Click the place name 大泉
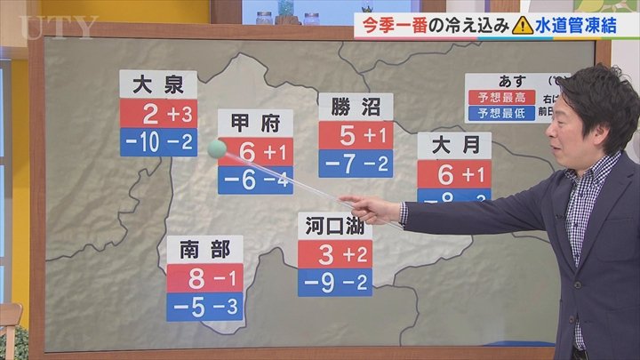157,86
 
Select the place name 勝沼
355,108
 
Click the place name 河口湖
334,226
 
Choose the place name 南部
204,249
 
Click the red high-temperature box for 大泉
157,114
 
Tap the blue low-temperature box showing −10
157,142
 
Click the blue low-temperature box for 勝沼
355,164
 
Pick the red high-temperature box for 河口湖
334,254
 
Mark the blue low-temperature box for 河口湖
334,283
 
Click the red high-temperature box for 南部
204,278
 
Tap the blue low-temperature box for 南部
204,307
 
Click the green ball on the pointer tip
217,149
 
